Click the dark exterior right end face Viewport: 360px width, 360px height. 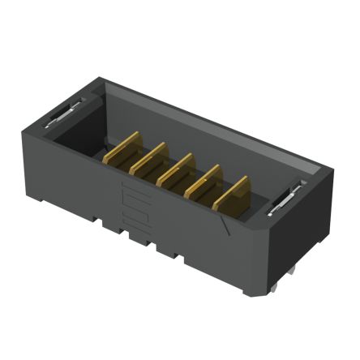300,235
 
